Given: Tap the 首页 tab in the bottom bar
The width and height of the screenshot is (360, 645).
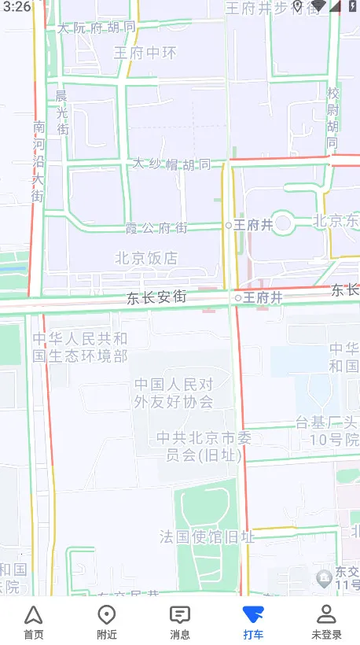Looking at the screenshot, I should [33, 621].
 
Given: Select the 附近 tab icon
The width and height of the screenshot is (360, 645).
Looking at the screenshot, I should [106, 621].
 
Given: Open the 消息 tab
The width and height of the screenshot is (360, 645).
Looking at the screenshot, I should [180, 621].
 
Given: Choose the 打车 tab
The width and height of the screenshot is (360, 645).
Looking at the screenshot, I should [253, 621].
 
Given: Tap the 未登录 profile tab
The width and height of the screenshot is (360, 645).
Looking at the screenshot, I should [326, 621].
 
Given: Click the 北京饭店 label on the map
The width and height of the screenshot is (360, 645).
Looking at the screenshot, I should [146, 258].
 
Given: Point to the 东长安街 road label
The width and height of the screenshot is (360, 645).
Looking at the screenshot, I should [157, 298].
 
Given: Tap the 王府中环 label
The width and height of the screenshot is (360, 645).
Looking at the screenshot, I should [145, 53].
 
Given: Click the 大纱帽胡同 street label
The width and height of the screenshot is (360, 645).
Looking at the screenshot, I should [171, 164].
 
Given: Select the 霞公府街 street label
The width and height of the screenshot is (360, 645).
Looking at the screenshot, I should [157, 228].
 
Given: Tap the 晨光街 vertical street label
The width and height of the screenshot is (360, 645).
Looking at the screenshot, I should [61, 111].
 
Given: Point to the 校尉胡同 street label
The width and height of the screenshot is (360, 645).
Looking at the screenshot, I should [332, 117].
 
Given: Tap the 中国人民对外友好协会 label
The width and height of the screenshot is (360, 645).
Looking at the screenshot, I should [174, 393].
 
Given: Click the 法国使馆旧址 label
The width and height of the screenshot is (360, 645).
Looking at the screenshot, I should [207, 537].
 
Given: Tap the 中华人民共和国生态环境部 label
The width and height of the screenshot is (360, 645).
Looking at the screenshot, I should [80, 347].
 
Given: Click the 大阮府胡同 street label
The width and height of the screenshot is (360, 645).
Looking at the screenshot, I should [96, 28].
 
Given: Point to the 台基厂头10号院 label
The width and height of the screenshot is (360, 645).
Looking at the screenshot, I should [327, 431].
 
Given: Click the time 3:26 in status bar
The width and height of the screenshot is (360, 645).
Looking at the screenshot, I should [16, 6].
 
